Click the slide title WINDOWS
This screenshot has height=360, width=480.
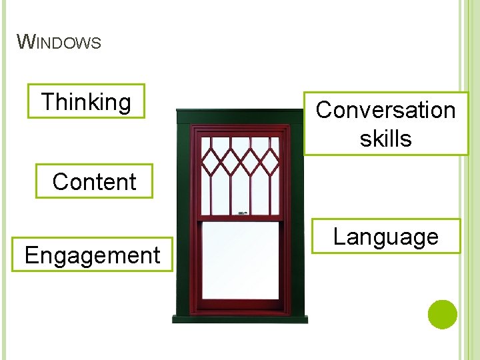pyautogui.click(x=59, y=43)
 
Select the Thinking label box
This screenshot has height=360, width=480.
pyautogui.click(x=86, y=101)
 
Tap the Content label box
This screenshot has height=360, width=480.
pyautogui.click(x=94, y=181)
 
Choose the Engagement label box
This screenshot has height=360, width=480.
pyautogui.click(x=93, y=255)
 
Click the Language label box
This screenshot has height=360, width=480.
pyautogui.click(x=386, y=237)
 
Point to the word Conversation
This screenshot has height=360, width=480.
pyautogui.click(x=385, y=110)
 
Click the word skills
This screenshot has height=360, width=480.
pyautogui.click(x=385, y=139)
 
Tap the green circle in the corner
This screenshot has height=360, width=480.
pyautogui.click(x=442, y=315)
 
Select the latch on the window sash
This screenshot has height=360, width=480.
pyautogui.click(x=242, y=213)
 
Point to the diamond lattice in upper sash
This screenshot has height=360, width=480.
pyautogui.click(x=240, y=160)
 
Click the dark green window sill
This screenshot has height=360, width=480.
pyautogui.click(x=240, y=319)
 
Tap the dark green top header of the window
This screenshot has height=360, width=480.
pyautogui.click(x=240, y=117)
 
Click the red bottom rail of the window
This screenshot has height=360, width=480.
pyautogui.click(x=240, y=305)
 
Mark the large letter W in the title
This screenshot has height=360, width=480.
pyautogui.click(x=25, y=42)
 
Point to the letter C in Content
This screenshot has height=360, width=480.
pyautogui.click(x=59, y=181)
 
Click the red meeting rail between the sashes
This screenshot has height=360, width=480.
pyautogui.click(x=240, y=218)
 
